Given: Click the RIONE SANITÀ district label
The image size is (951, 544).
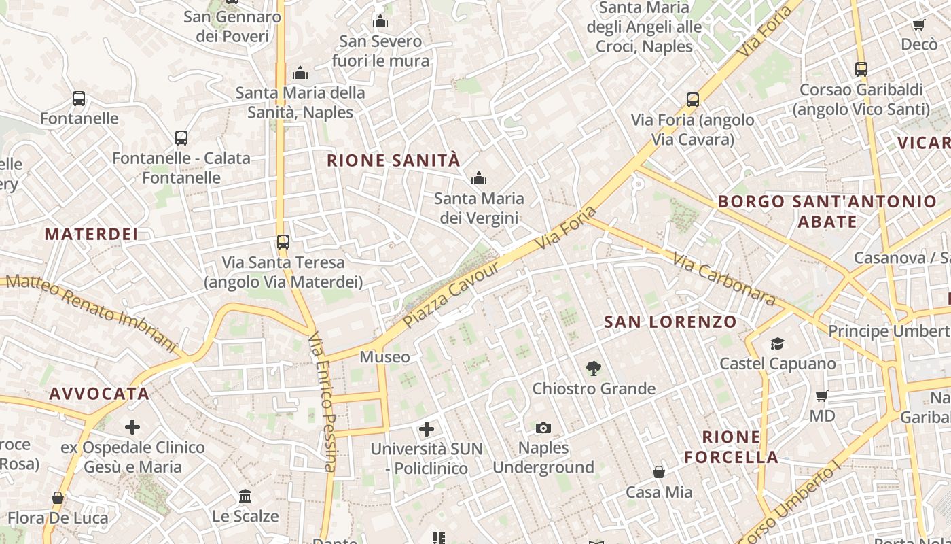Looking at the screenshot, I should click(x=393, y=161).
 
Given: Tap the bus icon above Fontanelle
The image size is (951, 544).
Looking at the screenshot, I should click(x=79, y=99).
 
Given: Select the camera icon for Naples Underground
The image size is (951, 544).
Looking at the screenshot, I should click(x=543, y=428).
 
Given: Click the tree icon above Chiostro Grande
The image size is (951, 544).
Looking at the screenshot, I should click(x=594, y=369).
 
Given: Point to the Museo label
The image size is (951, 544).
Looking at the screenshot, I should click(x=384, y=357).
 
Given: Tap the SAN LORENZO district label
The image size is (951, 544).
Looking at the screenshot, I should click(x=670, y=322).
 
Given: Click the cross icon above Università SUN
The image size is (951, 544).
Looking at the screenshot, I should click(x=427, y=429).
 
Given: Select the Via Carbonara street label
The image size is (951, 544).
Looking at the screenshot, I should click(x=724, y=279).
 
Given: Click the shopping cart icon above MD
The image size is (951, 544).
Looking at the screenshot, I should click(x=822, y=396).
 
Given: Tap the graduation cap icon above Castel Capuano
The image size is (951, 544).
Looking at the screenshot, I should click(x=777, y=344).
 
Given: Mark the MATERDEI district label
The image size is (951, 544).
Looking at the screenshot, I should click(x=91, y=235).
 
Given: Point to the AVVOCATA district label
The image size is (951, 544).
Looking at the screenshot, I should click(x=99, y=394).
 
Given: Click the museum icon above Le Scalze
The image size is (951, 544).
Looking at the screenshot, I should click(x=245, y=496).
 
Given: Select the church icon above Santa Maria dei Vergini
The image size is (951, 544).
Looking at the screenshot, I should click(x=479, y=179).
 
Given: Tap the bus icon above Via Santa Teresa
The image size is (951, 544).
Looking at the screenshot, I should click(x=283, y=242).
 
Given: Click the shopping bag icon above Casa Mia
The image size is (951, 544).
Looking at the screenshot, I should click(x=658, y=472).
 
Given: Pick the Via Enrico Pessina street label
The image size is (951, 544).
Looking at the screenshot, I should click(x=323, y=401).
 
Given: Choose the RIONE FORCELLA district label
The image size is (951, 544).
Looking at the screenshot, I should click(x=731, y=447).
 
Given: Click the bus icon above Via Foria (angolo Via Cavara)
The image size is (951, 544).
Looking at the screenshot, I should click(x=693, y=100).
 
